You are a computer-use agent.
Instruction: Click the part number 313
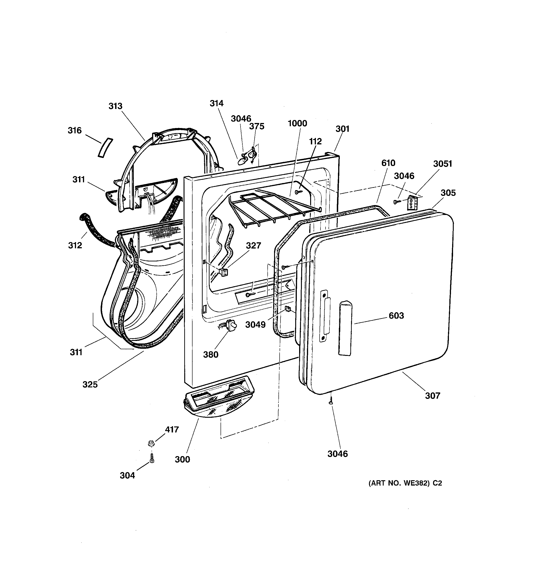tap(115, 106)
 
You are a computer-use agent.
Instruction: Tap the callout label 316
tap(75, 131)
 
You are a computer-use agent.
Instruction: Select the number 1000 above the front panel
tap(297, 123)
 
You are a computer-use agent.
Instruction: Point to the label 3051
tap(442, 164)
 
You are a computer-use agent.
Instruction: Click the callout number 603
tap(396, 315)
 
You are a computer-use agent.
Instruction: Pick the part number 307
tap(432, 396)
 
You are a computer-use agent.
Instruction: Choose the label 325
tap(90, 384)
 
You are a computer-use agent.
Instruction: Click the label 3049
tap(255, 325)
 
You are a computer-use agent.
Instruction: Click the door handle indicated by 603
tap(345, 328)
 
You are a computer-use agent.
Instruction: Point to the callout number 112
tap(315, 141)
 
